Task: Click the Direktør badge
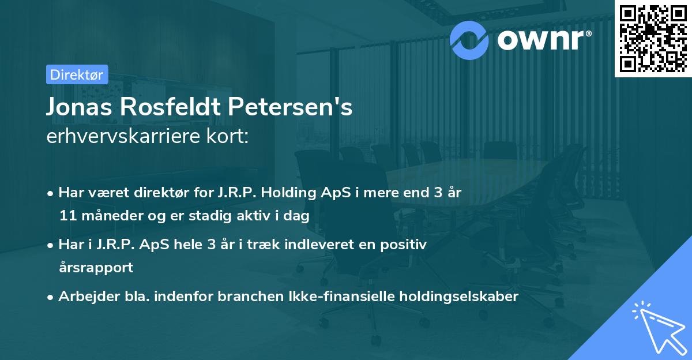click(77, 74)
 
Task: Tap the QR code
click(653, 39)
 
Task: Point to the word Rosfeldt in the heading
click(170, 107)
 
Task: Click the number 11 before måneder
click(67, 216)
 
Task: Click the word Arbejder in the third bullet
click(86, 297)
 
